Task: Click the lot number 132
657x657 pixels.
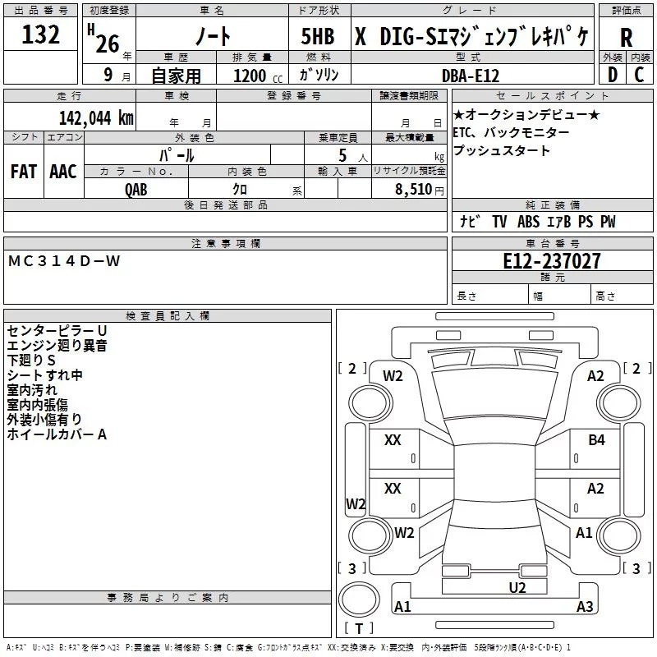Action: coord(40,35)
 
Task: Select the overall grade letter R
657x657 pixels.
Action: coord(626,38)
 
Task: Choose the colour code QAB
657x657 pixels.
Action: coord(136,189)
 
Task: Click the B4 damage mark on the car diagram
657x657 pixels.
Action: coord(596,440)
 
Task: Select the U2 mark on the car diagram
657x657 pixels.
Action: coord(517,586)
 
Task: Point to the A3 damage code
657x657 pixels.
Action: coord(585,607)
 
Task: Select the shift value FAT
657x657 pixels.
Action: coord(23,172)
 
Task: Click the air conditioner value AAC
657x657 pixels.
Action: coord(63,172)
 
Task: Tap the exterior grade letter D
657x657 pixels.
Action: coord(612,75)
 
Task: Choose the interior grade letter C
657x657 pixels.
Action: coord(639,75)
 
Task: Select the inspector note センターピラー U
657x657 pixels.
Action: coord(57,330)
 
